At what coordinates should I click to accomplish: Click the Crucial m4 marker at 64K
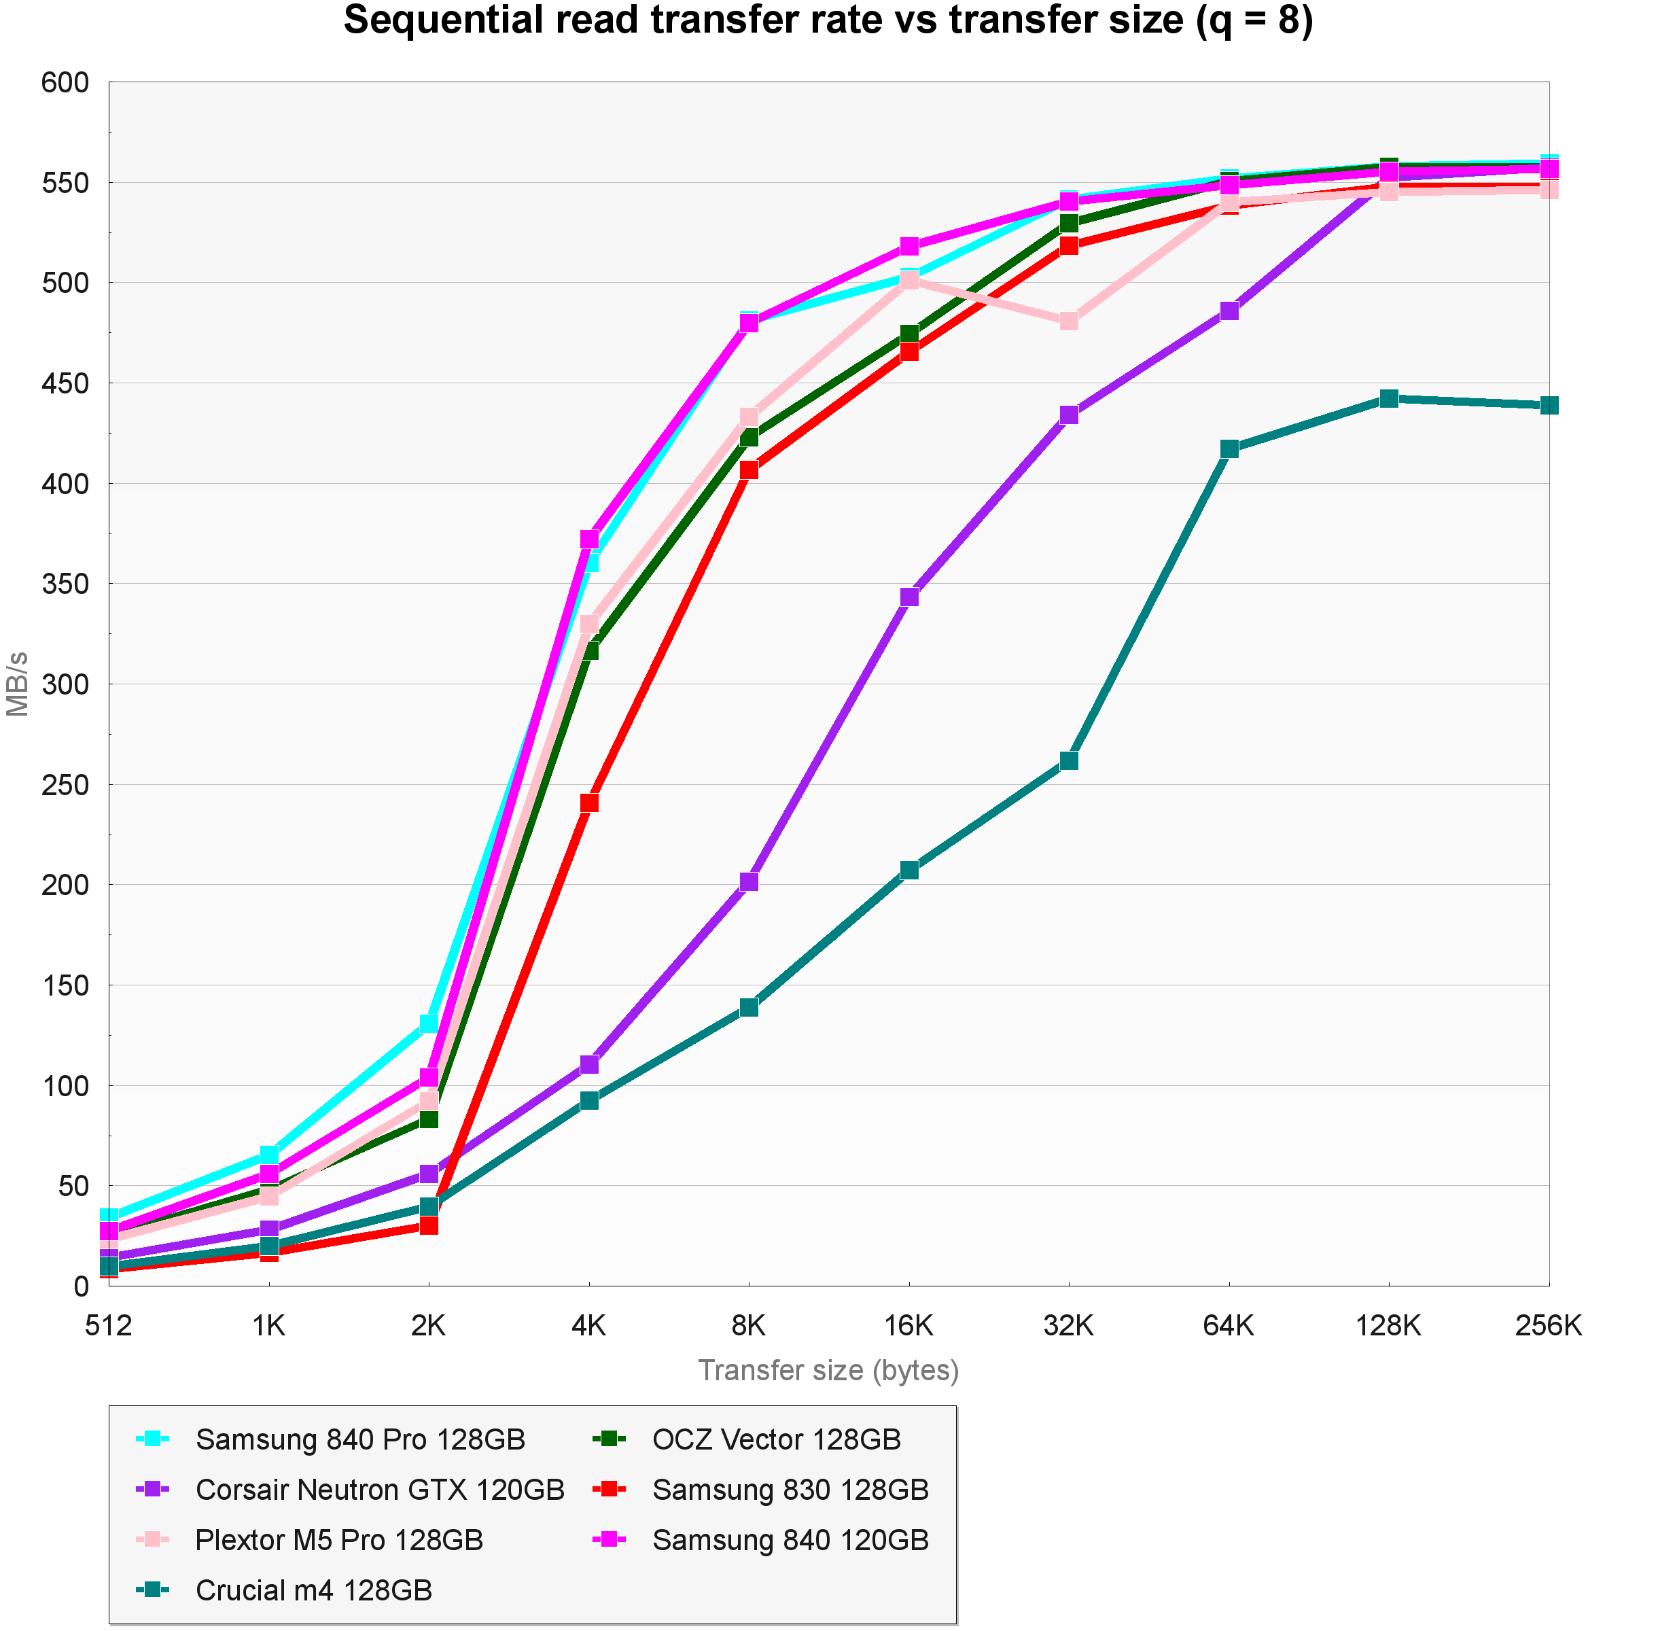pyautogui.click(x=1229, y=449)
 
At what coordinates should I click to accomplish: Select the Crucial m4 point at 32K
pyautogui.click(x=1069, y=760)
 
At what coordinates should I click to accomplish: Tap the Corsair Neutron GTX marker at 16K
pyautogui.click(x=909, y=596)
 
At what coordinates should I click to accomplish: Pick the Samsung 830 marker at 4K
pyautogui.click(x=589, y=803)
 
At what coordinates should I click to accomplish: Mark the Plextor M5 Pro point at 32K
pyautogui.click(x=1069, y=321)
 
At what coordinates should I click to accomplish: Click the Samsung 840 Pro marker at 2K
pyautogui.click(x=429, y=1023)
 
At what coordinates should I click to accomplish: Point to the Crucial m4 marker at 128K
pyautogui.click(x=1389, y=398)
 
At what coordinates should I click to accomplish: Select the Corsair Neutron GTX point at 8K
pyautogui.click(x=749, y=881)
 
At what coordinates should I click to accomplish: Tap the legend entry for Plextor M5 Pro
pyautogui.click(x=339, y=1539)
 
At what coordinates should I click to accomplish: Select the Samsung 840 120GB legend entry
pyautogui.click(x=790, y=1539)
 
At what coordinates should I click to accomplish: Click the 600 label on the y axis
pyautogui.click(x=65, y=83)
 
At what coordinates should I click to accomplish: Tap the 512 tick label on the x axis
pyautogui.click(x=109, y=1326)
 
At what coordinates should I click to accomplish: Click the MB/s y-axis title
pyautogui.click(x=18, y=684)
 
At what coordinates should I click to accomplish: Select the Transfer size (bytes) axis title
pyautogui.click(x=828, y=1371)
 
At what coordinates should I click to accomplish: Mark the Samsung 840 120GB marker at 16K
pyautogui.click(x=909, y=247)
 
